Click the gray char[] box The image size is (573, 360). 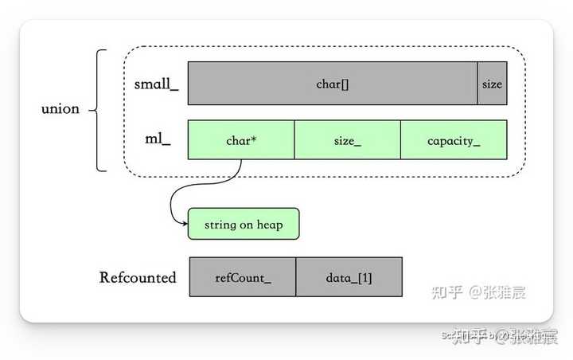click(332, 83)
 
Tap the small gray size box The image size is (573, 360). click(492, 83)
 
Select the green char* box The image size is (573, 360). click(240, 140)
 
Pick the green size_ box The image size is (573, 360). click(347, 140)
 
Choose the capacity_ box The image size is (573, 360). click(453, 140)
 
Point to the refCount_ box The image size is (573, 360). click(243, 277)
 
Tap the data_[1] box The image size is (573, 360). click(349, 277)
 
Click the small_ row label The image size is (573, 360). click(157, 83)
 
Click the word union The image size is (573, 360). click(60, 108)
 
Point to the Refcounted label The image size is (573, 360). click(138, 277)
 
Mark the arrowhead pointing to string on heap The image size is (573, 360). click(185, 224)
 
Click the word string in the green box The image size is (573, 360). click(220, 225)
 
